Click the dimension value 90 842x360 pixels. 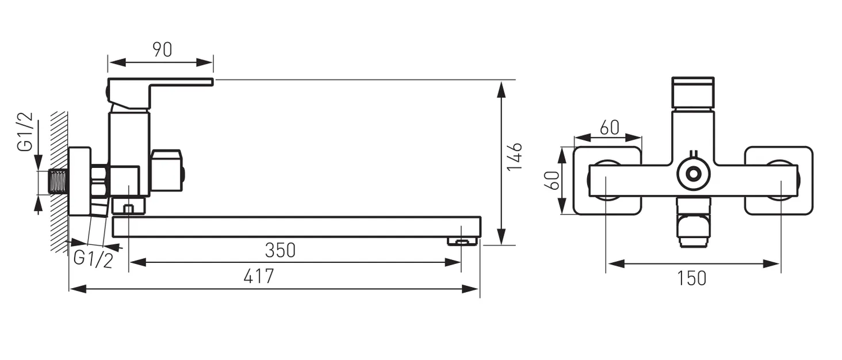tap(162, 49)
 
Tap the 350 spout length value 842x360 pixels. tap(281, 250)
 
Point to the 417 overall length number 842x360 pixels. tap(259, 277)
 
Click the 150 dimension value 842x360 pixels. tap(692, 278)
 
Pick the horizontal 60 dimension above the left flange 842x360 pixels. tap(610, 128)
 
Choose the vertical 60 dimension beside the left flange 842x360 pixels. tap(552, 181)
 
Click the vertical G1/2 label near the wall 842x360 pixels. tap(25, 132)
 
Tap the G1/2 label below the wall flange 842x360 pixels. tap(93, 259)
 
